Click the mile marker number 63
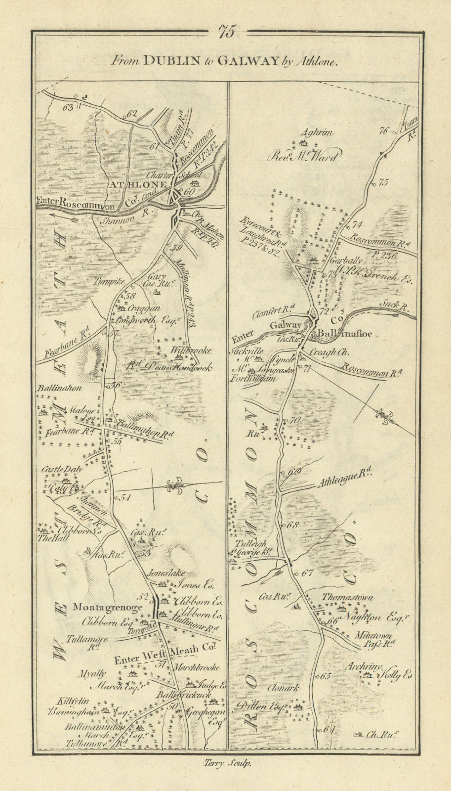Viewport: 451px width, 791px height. pyautogui.click(x=68, y=107)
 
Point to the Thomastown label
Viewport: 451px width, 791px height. pyautogui.click(x=347, y=597)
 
